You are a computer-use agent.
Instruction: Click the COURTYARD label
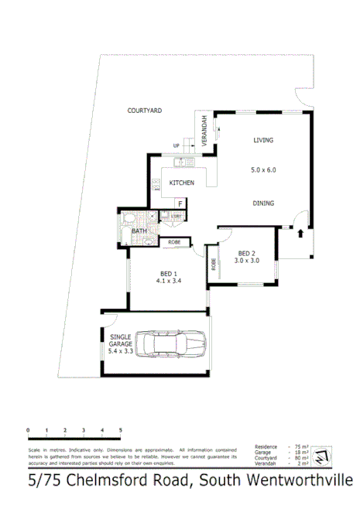tap(144, 111)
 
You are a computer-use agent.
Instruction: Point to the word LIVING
tap(264, 140)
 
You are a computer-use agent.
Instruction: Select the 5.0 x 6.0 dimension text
tap(263, 169)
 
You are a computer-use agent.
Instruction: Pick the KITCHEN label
tap(182, 183)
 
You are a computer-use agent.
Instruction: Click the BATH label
tap(139, 231)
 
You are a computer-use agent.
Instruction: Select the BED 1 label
tap(169, 273)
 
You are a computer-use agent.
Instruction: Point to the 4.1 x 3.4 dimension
tap(169, 282)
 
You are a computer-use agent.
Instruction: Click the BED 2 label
tap(246, 254)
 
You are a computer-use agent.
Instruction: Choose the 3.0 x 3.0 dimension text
tap(246, 261)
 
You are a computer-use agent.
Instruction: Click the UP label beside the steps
tap(177, 145)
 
